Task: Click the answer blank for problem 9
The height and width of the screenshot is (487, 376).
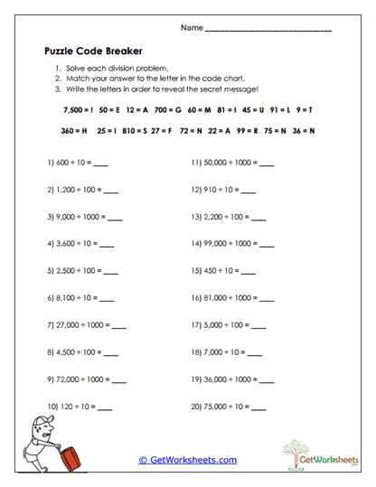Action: (122, 379)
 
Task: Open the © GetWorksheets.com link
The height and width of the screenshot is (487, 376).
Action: (187, 460)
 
